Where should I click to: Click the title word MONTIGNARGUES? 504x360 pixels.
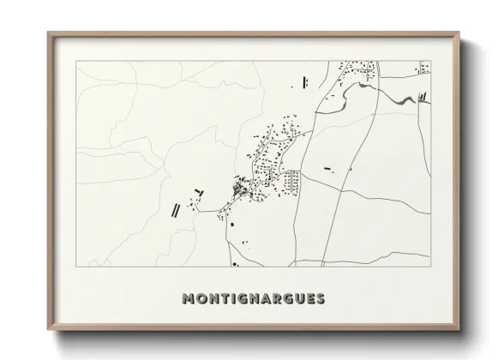[254, 298]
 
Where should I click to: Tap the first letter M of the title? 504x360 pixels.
[189, 298]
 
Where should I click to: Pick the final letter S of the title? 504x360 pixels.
[320, 298]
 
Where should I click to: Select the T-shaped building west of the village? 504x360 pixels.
[200, 191]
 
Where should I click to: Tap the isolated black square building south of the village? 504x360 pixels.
[231, 224]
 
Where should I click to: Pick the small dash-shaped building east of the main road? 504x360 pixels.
[327, 168]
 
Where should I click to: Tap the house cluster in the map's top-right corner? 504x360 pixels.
[423, 66]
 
